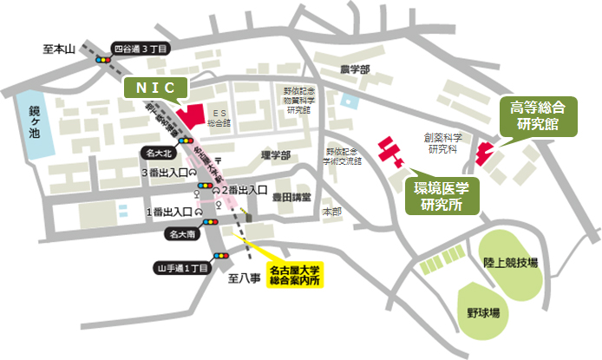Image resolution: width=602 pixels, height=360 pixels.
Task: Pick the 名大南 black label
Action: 186,233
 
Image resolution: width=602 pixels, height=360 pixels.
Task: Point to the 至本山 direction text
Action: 61,49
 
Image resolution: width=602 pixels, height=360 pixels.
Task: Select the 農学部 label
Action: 355,69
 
